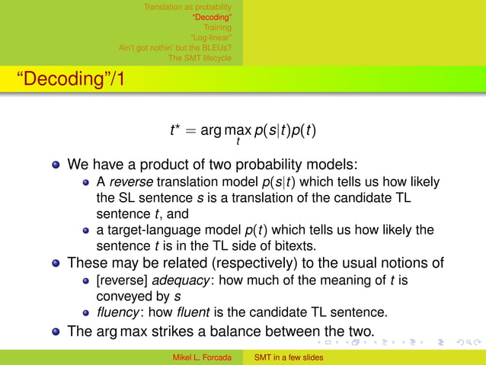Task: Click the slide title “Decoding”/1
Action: (66, 79)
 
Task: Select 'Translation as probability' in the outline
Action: (187, 7)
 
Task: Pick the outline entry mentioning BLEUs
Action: (175, 46)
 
